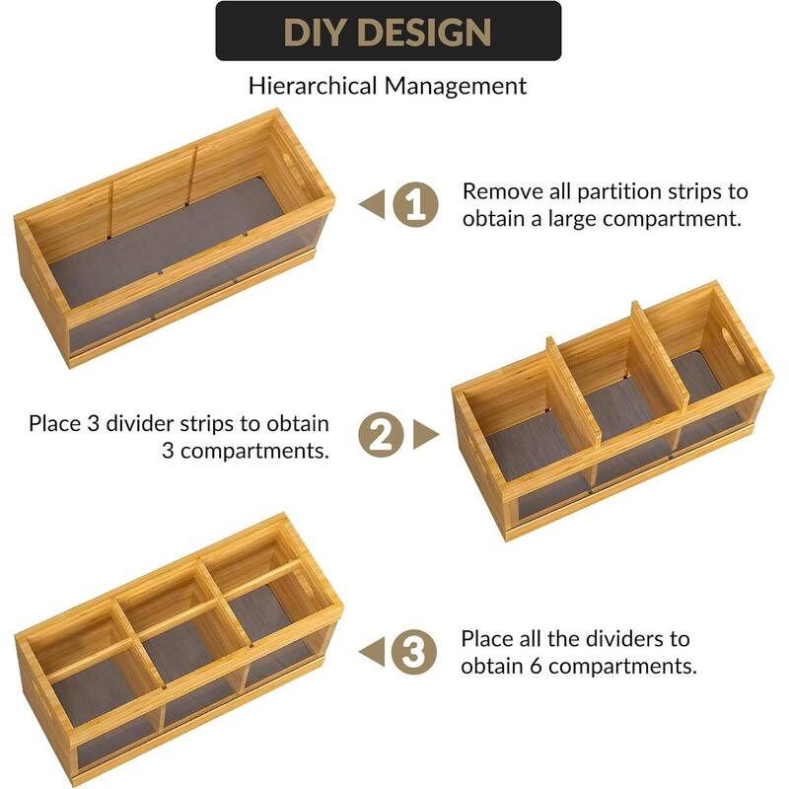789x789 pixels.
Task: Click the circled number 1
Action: pos(415,204)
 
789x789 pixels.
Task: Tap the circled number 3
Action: pos(414,651)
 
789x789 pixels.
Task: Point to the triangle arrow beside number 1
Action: pos(372,204)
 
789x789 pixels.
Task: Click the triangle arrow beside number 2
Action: pos(425,435)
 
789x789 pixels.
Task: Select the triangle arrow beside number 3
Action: pos(372,651)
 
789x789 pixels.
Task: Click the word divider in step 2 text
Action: pos(172,423)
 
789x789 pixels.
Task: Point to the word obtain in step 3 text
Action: pos(493,666)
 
